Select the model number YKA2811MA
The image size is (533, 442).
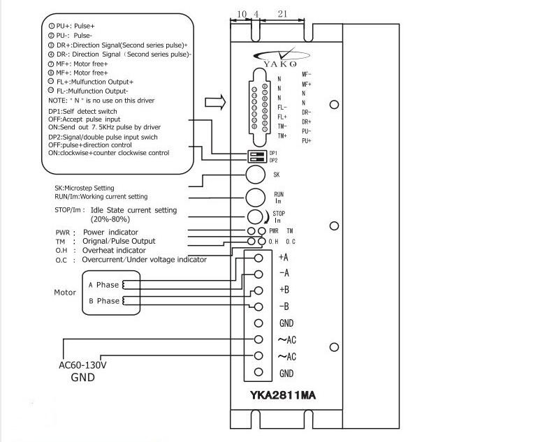click(x=283, y=395)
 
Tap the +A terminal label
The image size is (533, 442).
click(x=284, y=257)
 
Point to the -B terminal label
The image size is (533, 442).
click(x=284, y=307)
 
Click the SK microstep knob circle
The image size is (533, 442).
click(x=256, y=174)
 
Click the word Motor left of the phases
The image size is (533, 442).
click(x=65, y=293)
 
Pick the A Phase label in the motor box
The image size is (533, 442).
click(x=103, y=285)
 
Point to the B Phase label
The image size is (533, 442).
click(x=103, y=301)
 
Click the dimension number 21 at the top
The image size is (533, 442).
click(x=282, y=14)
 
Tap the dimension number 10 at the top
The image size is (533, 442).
click(x=242, y=14)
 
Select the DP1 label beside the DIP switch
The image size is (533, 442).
click(x=273, y=153)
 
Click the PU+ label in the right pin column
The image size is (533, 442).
click(x=307, y=141)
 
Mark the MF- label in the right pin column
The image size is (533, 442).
click(x=307, y=74)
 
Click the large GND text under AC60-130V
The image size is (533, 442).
click(x=82, y=378)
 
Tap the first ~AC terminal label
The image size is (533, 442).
click(x=286, y=340)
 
